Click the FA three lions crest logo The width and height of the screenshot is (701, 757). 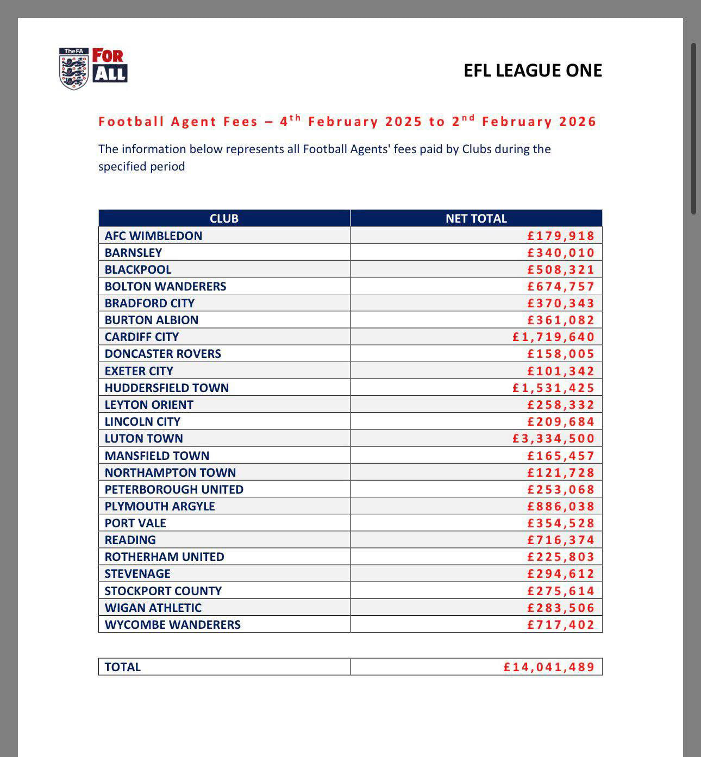74,68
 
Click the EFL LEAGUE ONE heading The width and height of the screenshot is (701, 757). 533,71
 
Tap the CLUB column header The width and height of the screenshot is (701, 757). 224,218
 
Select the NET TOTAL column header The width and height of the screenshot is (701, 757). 476,218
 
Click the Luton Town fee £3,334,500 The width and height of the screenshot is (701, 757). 553,438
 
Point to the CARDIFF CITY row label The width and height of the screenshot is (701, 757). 142,337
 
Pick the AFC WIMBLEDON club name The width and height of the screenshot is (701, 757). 153,236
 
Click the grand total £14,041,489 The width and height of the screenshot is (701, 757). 549,667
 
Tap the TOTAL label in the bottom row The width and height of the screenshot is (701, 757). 123,667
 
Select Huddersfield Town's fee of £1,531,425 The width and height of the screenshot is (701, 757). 553,388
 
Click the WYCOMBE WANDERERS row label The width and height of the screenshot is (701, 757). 173,624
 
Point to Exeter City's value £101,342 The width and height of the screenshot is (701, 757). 561,371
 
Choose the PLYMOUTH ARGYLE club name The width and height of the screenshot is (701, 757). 160,506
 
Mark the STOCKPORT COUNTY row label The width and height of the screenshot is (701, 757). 163,591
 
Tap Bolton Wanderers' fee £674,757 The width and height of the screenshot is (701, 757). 561,286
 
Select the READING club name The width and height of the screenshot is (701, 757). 130,540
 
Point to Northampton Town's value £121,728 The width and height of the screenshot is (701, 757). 561,472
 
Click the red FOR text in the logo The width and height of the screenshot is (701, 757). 108,55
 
